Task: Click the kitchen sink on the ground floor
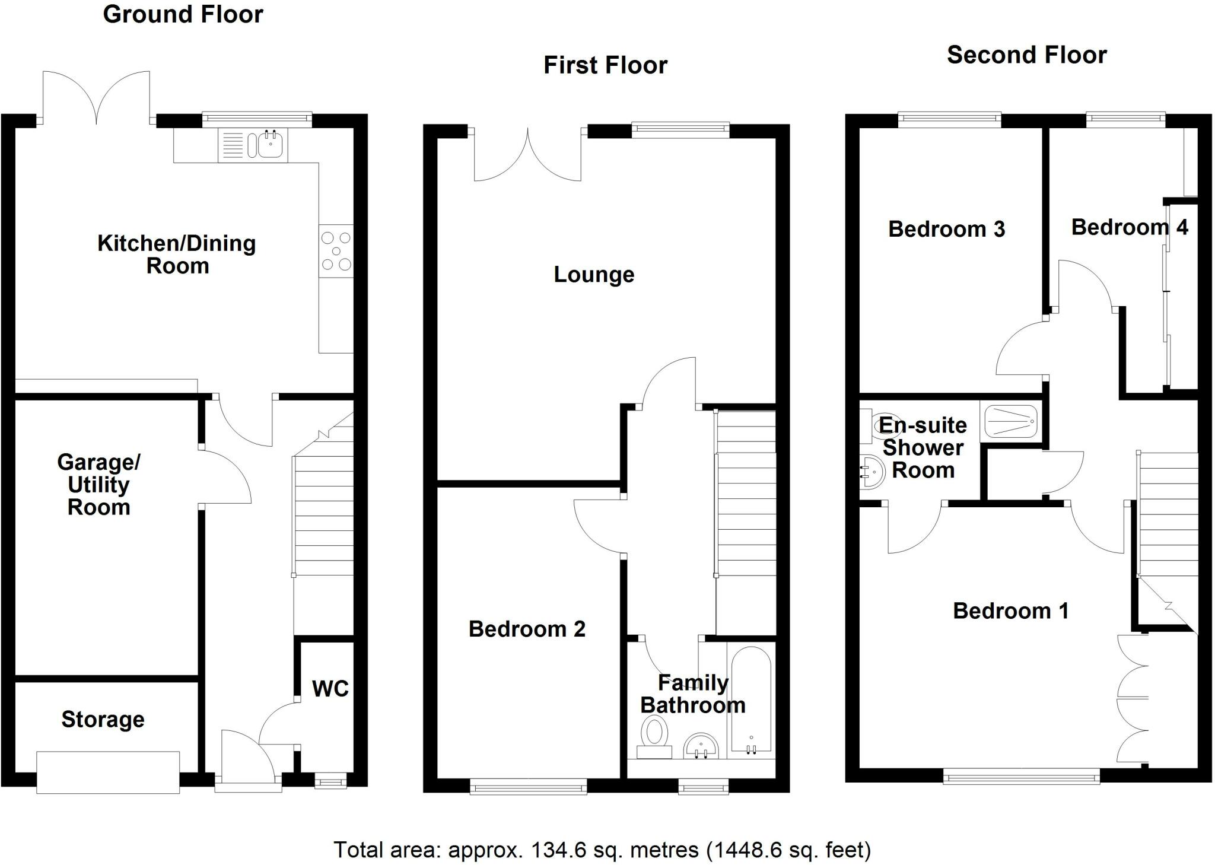pyautogui.click(x=269, y=145)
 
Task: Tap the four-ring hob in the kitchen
pyautogui.click(x=336, y=251)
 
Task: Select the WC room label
pyautogui.click(x=330, y=689)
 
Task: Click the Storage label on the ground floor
pyautogui.click(x=103, y=720)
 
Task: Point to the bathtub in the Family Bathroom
pyautogui.click(x=751, y=701)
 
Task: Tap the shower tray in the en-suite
pyautogui.click(x=1011, y=421)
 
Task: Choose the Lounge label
pyautogui.click(x=594, y=275)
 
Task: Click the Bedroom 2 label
pyautogui.click(x=527, y=629)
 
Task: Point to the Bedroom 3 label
pyautogui.click(x=946, y=229)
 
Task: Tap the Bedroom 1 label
pyautogui.click(x=1010, y=611)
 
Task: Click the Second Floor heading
pyautogui.click(x=1026, y=55)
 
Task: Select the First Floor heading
pyautogui.click(x=605, y=65)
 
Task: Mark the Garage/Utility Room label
pyautogui.click(x=98, y=485)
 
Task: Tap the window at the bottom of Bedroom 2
pyautogui.click(x=528, y=787)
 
